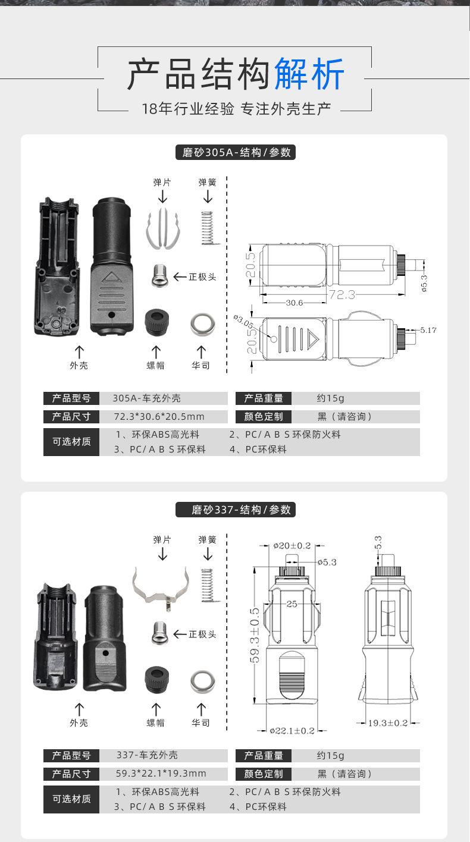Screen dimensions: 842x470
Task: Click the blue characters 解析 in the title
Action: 309,76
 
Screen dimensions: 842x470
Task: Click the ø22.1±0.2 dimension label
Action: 292,731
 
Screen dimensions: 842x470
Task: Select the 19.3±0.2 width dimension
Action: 387,723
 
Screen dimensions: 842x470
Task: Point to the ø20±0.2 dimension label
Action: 292,545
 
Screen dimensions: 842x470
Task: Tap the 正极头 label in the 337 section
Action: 202,634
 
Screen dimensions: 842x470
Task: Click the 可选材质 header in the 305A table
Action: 71,442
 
